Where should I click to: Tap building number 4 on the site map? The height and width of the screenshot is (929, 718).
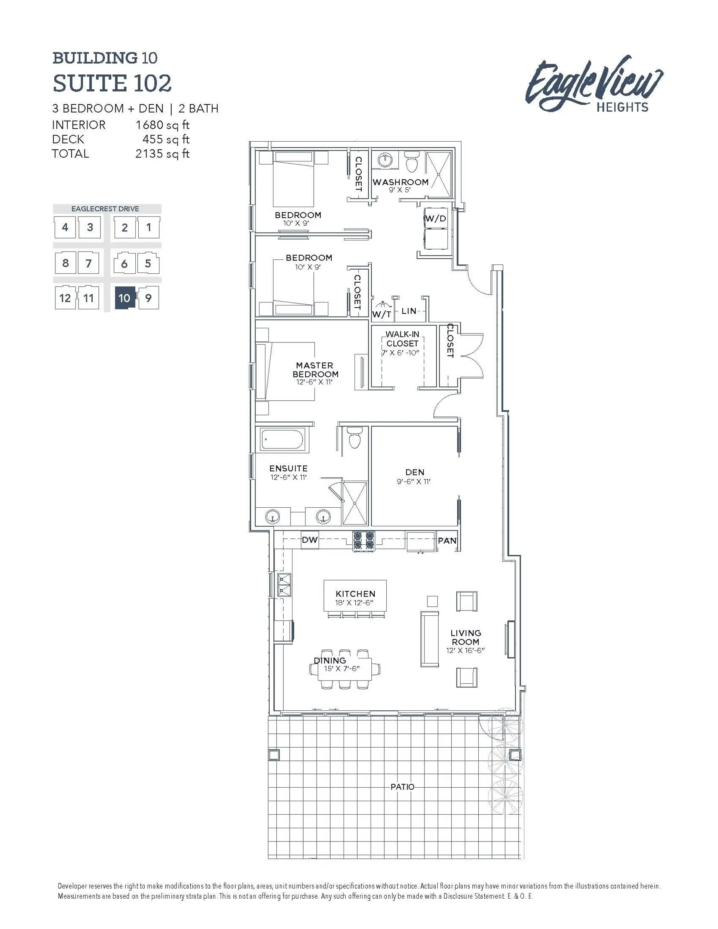click(65, 227)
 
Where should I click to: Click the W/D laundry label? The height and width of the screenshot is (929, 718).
click(436, 219)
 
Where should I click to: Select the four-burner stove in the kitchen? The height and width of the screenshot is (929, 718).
click(364, 541)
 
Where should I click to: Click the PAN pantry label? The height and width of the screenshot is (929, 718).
click(447, 541)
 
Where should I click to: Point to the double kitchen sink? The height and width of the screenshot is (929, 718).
click(284, 585)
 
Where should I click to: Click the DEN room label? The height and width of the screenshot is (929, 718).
click(415, 472)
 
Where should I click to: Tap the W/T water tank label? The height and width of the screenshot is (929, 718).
click(381, 314)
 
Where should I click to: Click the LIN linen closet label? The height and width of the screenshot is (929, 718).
click(409, 311)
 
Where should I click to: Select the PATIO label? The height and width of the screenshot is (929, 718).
click(402, 787)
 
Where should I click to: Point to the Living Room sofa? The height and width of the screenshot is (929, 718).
click(429, 639)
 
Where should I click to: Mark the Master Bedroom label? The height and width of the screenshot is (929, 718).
click(315, 370)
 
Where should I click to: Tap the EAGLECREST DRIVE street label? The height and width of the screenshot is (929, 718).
click(105, 209)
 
